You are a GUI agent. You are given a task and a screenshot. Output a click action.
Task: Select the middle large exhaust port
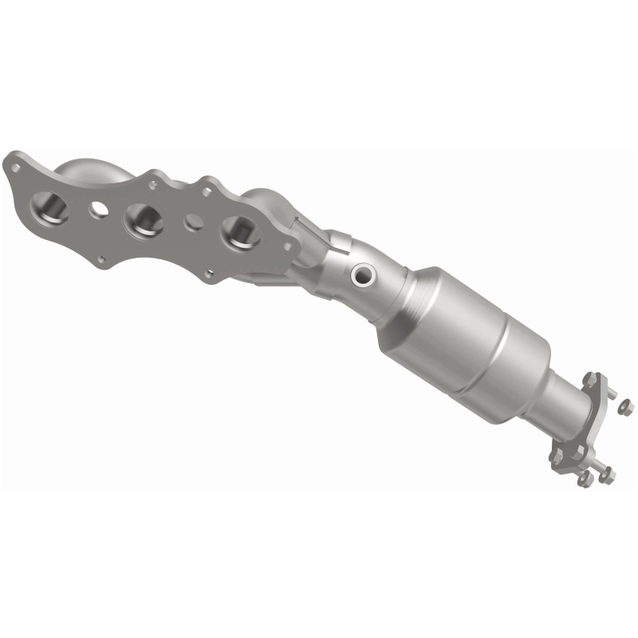[x=144, y=219]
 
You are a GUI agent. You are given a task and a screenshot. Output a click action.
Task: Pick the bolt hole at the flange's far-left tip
[x=13, y=167]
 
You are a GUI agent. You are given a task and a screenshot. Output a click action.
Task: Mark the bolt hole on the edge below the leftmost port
[x=102, y=258]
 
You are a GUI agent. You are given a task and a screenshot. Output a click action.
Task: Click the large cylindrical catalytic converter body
[x=478, y=335]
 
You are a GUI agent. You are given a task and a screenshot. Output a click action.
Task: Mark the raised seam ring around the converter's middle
[x=459, y=351]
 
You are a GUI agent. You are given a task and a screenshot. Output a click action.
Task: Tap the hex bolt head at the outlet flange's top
[x=591, y=377]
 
